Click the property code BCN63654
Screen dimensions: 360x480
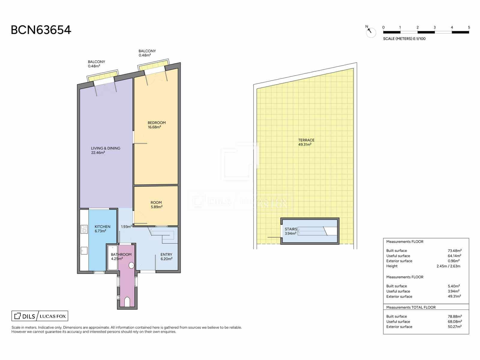(41, 30)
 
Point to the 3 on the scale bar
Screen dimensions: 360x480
(434, 27)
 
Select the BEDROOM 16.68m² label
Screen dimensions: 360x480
(157, 125)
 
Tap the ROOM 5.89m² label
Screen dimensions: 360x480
(156, 205)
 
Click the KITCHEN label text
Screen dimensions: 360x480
(102, 227)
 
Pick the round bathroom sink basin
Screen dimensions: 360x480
(131, 265)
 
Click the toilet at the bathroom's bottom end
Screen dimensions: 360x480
(127, 302)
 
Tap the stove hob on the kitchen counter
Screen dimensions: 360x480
(84, 229)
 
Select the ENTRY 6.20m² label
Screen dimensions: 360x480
(166, 256)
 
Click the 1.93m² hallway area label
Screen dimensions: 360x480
(126, 227)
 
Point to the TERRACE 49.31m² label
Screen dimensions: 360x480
(306, 142)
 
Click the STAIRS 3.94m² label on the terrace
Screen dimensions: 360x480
(291, 231)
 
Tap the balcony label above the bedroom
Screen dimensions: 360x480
(147, 53)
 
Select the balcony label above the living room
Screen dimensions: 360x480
(96, 64)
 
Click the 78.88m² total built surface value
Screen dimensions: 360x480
(454, 316)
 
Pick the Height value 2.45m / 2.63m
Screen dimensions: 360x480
(448, 266)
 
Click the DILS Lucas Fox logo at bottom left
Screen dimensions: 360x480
(40, 316)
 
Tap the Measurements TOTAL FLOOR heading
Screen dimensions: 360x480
(411, 307)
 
